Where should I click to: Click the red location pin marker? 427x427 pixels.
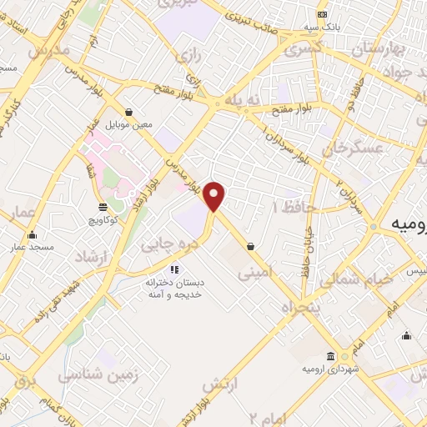click(x=214, y=197)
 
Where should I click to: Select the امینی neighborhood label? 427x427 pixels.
click(x=255, y=272)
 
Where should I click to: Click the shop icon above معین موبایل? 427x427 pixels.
click(x=128, y=111)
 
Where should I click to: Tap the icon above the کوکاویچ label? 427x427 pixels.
click(x=102, y=206)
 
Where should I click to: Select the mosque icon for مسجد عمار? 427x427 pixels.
click(x=33, y=234)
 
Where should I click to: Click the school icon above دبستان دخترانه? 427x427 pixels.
click(x=174, y=269)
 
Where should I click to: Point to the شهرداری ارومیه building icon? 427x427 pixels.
click(x=332, y=356)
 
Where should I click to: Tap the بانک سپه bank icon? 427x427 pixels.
click(x=321, y=15)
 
